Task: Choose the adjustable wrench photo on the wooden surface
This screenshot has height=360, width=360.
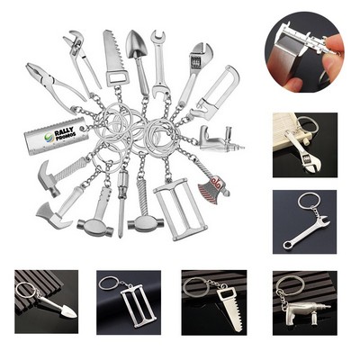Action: click(304, 145)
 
